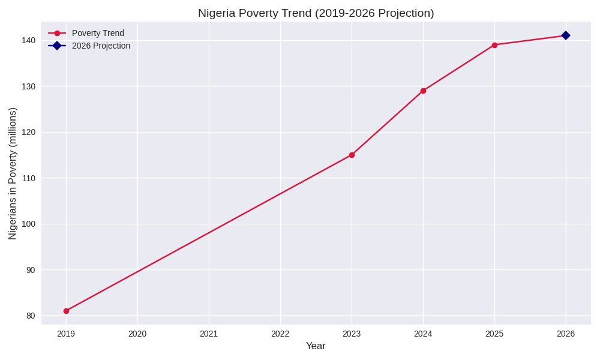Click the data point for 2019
pyautogui.click(x=66, y=311)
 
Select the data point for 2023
pyautogui.click(x=352, y=155)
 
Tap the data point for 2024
pyautogui.click(x=423, y=91)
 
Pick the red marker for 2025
pyautogui.click(x=494, y=45)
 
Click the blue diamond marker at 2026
pyautogui.click(x=566, y=35)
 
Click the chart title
pyautogui.click(x=316, y=13)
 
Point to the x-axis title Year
pyautogui.click(x=316, y=346)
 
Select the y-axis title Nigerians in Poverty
pyautogui.click(x=13, y=173)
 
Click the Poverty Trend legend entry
pyautogui.click(x=98, y=33)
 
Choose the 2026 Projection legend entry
pyautogui.click(x=101, y=46)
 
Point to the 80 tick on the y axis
pyautogui.click(x=31, y=316)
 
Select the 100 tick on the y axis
pyautogui.click(x=29, y=224)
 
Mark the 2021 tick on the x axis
pyautogui.click(x=209, y=334)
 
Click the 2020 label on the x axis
pyautogui.click(x=137, y=334)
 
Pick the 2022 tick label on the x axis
pyautogui.click(x=280, y=334)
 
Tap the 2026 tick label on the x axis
pyautogui.click(x=566, y=334)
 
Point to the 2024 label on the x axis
pyautogui.click(x=423, y=334)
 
